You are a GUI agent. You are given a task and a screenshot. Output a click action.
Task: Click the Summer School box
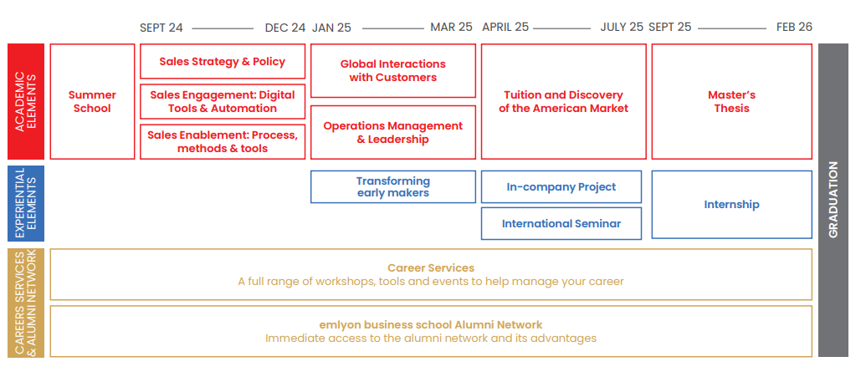point(92,101)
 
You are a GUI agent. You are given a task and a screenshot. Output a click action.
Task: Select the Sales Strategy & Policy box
point(223,61)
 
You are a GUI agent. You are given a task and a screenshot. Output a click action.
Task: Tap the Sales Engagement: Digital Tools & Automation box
point(223,101)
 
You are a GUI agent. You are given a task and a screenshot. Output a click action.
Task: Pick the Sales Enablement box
point(223,142)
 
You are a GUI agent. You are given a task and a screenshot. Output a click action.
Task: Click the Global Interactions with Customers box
point(392,71)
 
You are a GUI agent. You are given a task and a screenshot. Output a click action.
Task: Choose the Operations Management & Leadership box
point(392,132)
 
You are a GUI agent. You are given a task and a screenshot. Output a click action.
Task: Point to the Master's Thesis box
point(732,101)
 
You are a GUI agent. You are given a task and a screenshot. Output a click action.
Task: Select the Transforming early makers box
point(392,186)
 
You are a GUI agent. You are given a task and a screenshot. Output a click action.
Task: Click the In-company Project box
point(561,186)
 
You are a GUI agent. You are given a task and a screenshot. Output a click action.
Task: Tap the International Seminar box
point(561,223)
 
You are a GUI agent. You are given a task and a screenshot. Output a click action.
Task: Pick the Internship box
point(732,204)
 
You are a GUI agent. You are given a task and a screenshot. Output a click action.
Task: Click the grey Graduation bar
point(833,200)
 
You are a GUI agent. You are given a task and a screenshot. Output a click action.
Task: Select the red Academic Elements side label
point(26,101)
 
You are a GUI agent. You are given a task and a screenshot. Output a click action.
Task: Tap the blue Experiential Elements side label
point(26,203)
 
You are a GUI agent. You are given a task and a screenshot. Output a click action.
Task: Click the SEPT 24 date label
point(161,28)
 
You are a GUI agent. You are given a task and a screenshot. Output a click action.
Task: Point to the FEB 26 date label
point(794,27)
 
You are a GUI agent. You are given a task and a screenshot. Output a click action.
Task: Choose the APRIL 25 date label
point(505,27)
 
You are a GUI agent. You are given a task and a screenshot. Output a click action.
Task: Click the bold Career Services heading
point(431,268)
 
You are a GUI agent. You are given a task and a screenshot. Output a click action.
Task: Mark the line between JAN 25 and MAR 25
point(392,28)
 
